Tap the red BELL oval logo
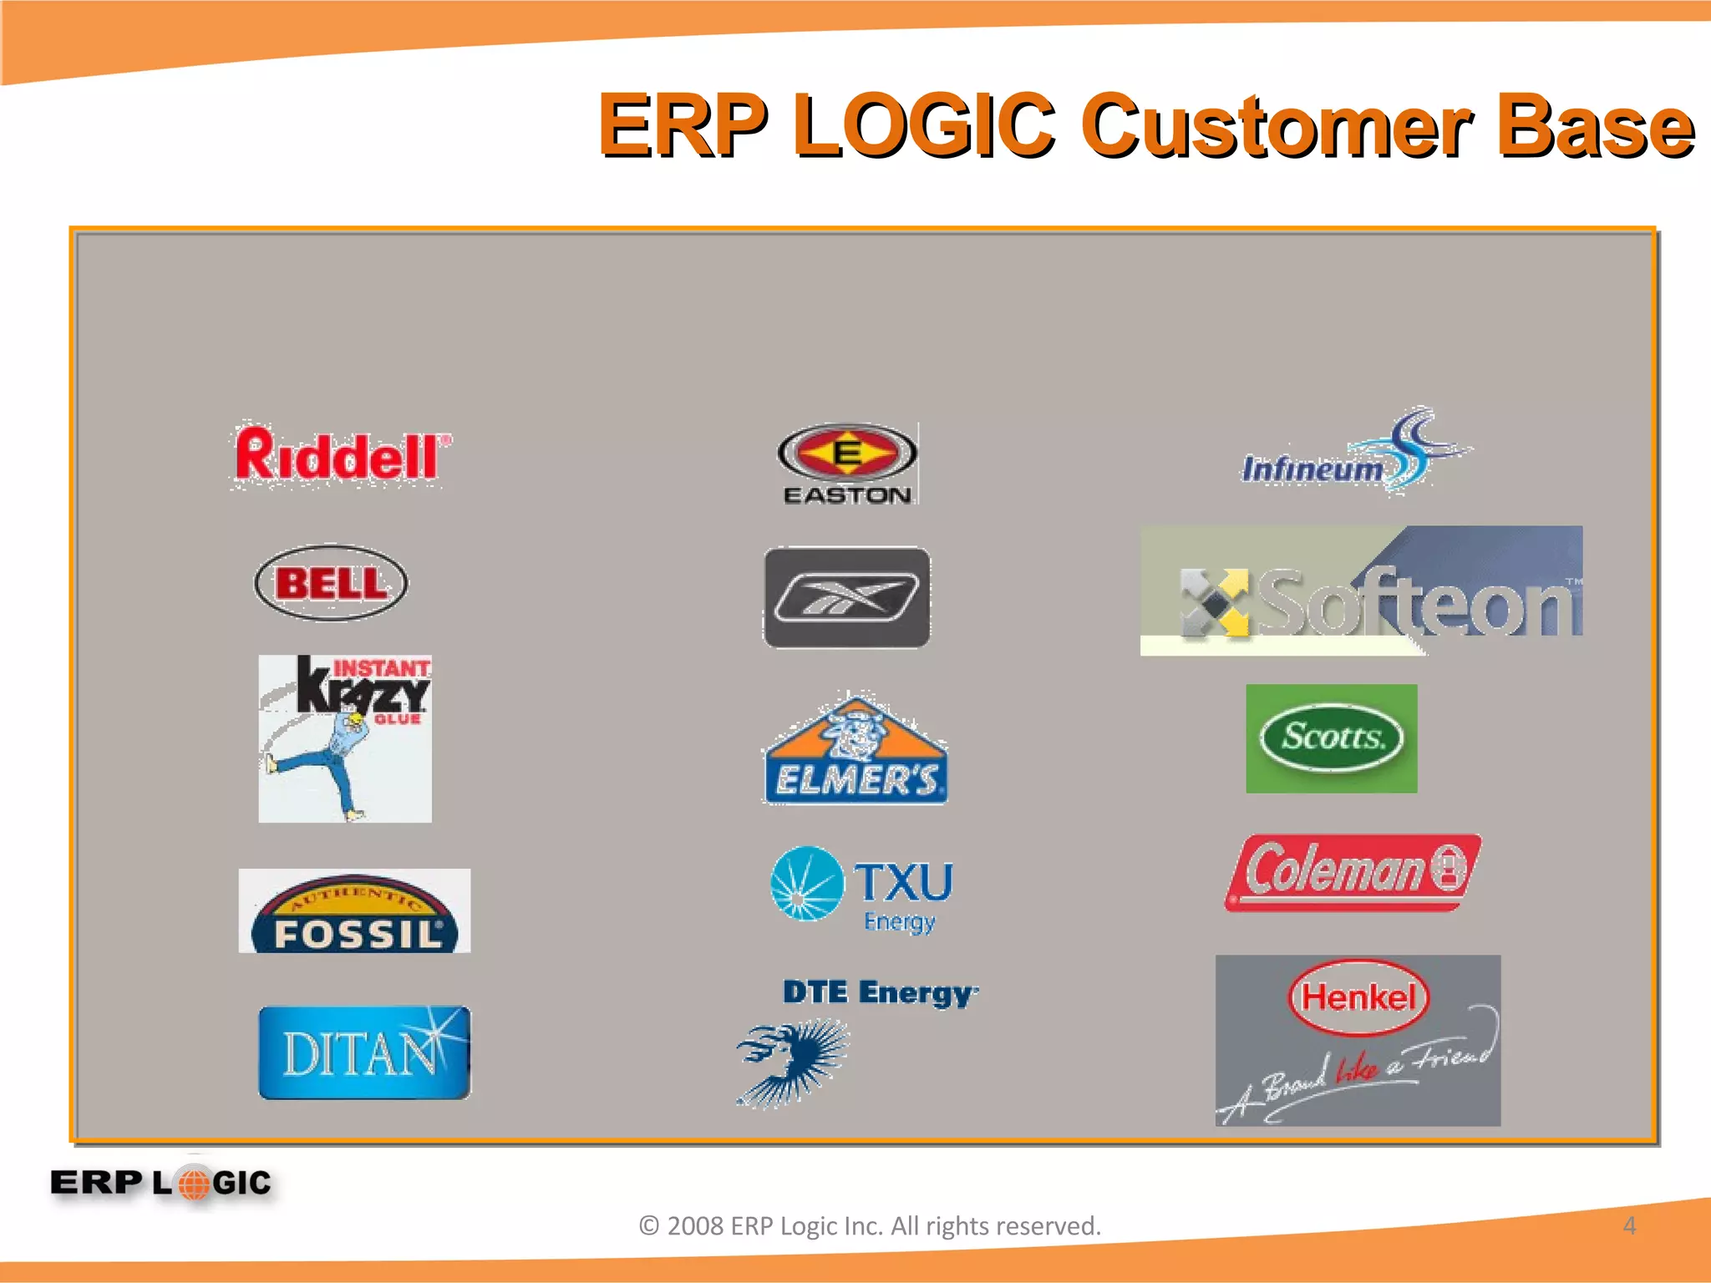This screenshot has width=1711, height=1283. coord(331,583)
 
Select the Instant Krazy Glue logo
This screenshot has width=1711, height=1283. coord(345,738)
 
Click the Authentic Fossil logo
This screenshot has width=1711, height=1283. coord(355,911)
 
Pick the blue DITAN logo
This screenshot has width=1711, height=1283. coord(364,1052)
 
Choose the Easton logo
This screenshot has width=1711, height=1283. coord(847,464)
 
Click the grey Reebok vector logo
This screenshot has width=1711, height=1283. coord(846,597)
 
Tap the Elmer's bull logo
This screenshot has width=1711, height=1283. coord(855,749)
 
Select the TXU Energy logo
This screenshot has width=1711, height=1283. coord(861,890)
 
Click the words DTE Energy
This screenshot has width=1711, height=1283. coord(880,992)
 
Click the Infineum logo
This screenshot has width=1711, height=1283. coord(1353,455)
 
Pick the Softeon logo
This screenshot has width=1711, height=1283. coord(1361,591)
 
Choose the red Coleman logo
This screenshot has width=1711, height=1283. coord(1353,872)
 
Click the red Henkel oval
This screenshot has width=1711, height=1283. coord(1358,997)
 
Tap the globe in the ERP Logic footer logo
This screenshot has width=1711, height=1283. coord(194,1183)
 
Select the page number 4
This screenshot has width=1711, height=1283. coord(1628,1225)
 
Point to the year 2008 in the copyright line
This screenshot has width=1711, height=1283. coord(695,1225)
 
